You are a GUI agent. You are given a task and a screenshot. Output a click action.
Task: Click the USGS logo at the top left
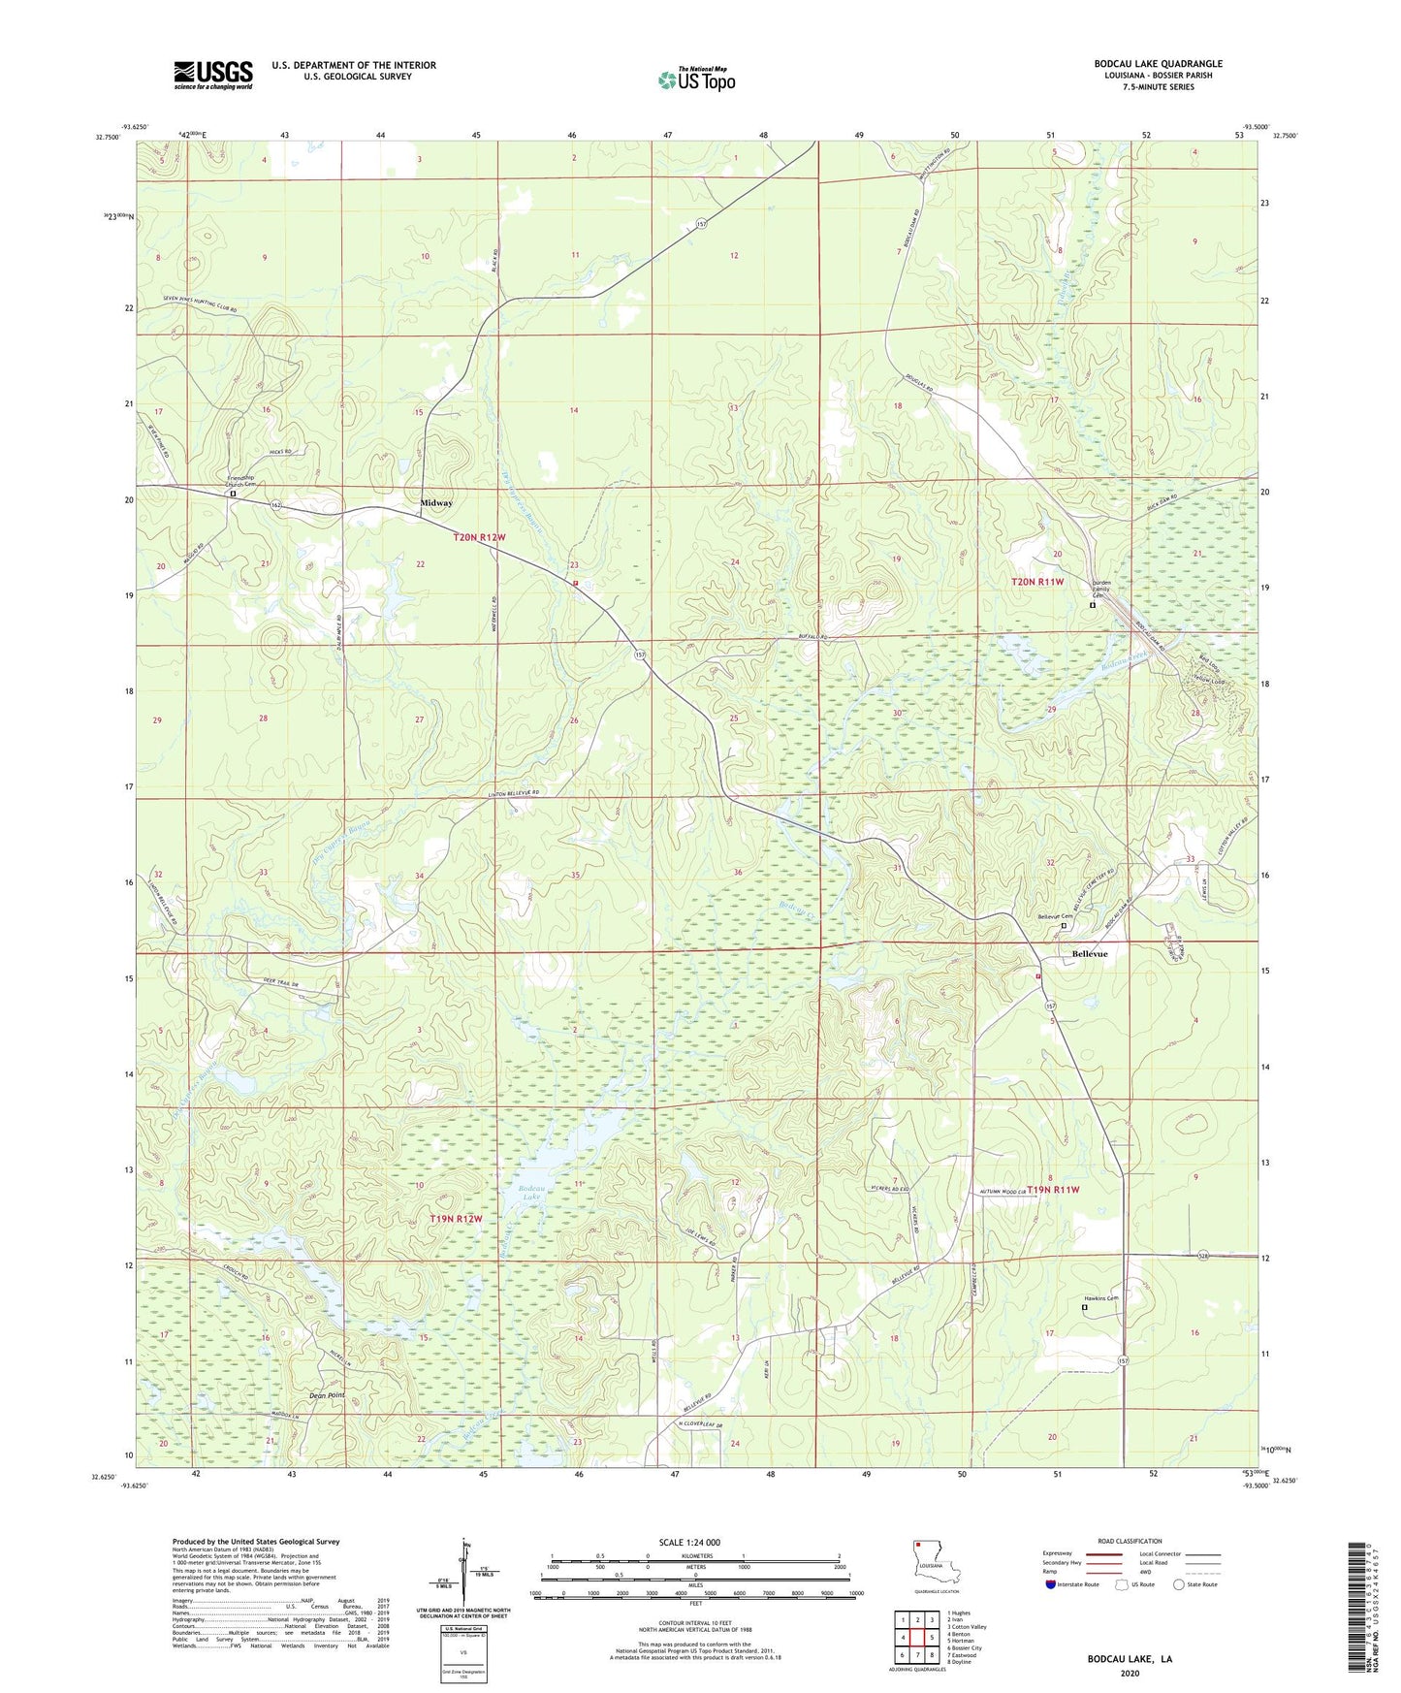213,74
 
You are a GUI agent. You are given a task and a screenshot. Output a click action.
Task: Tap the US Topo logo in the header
695,79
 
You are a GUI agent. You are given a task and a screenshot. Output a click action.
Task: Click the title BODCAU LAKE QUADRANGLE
1158,64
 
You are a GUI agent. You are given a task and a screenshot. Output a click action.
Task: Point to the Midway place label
436,503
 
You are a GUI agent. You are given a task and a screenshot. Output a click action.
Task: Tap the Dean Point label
327,1395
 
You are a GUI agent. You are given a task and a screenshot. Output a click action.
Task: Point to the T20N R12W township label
479,537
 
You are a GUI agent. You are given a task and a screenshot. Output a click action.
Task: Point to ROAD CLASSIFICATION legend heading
1130,1541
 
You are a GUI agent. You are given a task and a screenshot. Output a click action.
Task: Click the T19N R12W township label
456,1218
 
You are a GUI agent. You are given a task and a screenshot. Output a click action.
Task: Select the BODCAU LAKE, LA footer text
1129,1659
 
